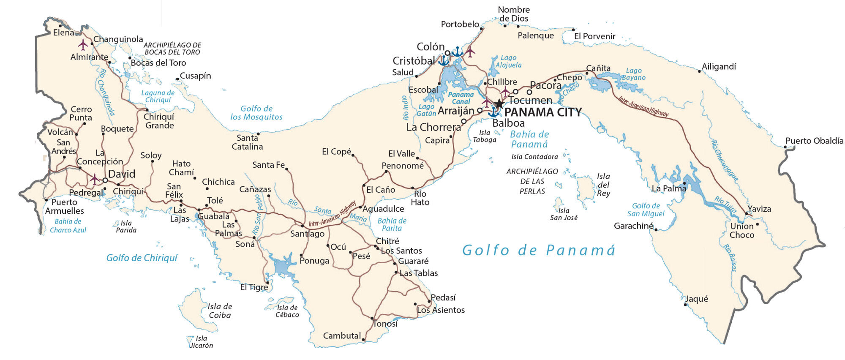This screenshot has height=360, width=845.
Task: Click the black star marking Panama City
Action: pyautogui.click(x=499, y=104)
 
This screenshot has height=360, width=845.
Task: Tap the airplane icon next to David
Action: pyautogui.click(x=94, y=179)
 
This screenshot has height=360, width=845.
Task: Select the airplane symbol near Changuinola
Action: pyautogui.click(x=83, y=44)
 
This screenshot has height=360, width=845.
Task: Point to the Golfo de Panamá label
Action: pyautogui.click(x=539, y=250)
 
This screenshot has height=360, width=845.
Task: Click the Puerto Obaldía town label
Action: pyautogui.click(x=814, y=141)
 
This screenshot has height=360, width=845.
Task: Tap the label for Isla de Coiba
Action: pyautogui.click(x=220, y=311)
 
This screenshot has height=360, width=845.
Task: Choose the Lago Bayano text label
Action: pyautogui.click(x=633, y=74)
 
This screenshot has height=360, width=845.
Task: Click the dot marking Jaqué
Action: pyautogui.click(x=685, y=304)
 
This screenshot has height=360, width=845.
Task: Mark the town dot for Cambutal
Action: pyautogui.click(x=364, y=339)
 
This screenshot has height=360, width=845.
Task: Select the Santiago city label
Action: pyautogui.click(x=307, y=234)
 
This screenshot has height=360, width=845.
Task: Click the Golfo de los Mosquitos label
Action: pyautogui.click(x=256, y=113)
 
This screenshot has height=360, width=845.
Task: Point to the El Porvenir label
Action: pyautogui.click(x=594, y=36)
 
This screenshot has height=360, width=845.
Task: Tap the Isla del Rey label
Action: pyautogui.click(x=603, y=185)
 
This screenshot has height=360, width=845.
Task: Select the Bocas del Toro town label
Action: pyautogui.click(x=158, y=63)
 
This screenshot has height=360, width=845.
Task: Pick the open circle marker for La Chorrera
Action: pyautogui.click(x=463, y=121)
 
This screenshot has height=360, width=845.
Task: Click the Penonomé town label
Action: pyautogui.click(x=403, y=166)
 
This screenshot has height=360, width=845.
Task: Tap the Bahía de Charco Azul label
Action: pyautogui.click(x=68, y=226)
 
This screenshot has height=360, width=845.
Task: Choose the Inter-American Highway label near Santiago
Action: pyautogui.click(x=332, y=214)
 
